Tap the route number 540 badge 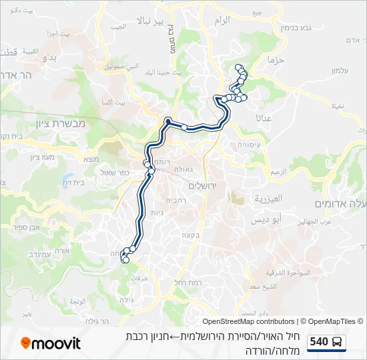(x=319, y=342)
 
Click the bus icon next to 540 (x=338, y=343)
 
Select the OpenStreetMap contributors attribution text (x=248, y=321)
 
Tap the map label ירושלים (x=208, y=186)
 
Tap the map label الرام (x=222, y=20)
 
